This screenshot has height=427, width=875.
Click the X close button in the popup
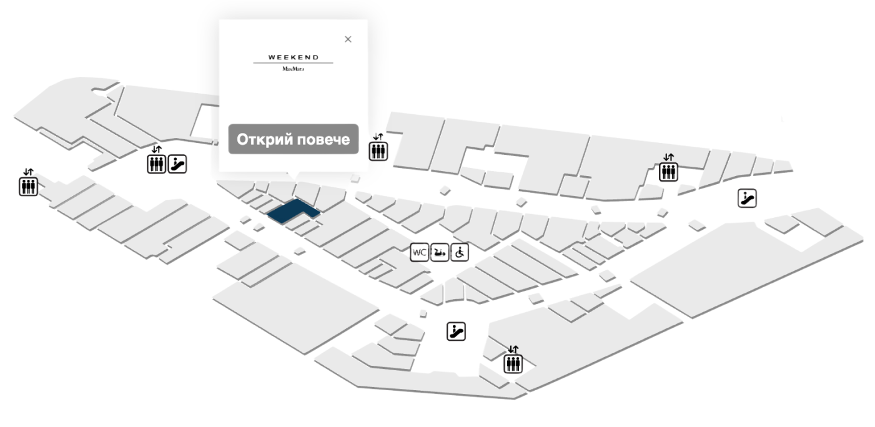348,39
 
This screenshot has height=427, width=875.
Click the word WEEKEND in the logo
294,57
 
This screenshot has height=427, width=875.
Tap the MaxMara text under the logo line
293,69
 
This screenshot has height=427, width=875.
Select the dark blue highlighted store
293,210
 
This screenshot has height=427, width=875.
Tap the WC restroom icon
419,252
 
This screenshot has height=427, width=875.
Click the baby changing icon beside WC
440,252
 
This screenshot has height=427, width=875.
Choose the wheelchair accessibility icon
460,252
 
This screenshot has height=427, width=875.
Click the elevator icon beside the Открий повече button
378,151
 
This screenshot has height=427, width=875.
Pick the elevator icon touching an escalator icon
156,164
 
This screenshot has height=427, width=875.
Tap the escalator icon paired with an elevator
177,164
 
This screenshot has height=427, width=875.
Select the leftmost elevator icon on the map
28,186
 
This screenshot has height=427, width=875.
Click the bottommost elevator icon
513,364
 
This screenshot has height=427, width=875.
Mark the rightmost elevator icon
668,172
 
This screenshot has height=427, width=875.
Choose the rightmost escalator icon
747,199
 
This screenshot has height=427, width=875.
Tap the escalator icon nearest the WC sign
456,331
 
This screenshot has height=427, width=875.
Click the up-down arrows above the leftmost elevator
28,172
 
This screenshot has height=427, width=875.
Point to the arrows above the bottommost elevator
513,349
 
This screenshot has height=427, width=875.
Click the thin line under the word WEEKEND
293,63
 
